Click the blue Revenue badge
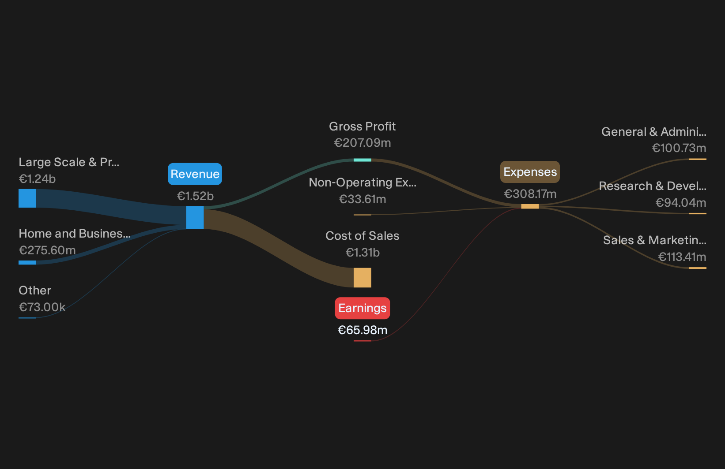point(195,174)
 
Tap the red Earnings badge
point(362,308)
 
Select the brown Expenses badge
point(530,172)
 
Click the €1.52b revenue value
point(195,196)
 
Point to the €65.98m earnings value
point(362,330)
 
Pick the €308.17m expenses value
point(530,194)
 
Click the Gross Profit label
point(362,127)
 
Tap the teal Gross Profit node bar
point(362,160)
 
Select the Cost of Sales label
point(362,236)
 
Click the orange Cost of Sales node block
point(362,278)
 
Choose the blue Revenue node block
point(195,218)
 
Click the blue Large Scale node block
point(27,198)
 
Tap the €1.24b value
point(37,179)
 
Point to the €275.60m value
point(47,250)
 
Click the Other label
point(35,290)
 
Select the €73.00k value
point(42,307)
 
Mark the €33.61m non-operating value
point(362,199)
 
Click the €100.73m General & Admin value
point(679,148)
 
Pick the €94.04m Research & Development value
point(681,203)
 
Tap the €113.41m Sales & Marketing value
point(682,257)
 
